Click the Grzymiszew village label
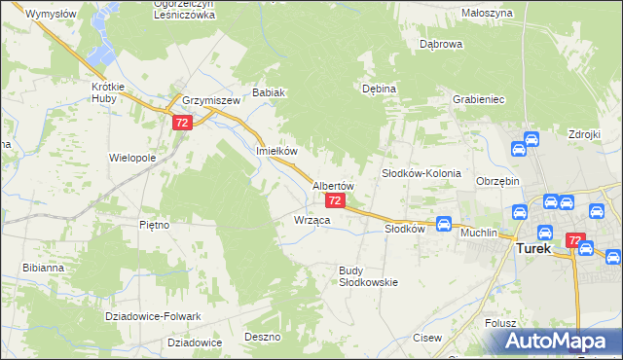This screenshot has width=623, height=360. click(210, 100)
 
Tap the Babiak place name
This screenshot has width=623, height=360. click(268, 93)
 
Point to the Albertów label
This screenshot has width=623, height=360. click(332, 185)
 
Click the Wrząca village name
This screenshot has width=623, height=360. click(312, 221)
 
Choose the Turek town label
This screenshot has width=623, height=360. click(532, 248)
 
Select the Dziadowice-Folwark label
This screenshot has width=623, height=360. click(153, 317)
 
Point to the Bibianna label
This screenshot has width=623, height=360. click(45, 267)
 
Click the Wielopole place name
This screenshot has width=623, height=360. click(132, 157)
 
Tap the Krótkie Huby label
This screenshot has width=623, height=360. click(109, 92)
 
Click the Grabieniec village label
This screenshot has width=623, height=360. click(476, 99)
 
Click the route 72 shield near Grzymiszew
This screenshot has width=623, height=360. click(182, 124)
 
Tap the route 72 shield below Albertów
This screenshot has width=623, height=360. click(335, 200)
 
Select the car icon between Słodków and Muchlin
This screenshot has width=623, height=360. click(444, 223)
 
